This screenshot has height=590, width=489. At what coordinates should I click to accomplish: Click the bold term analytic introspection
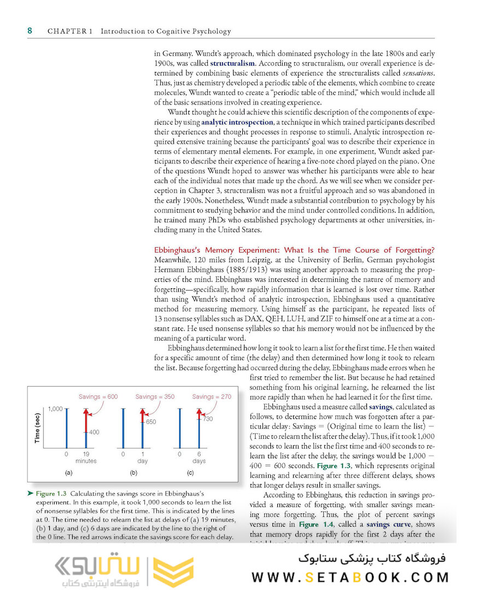(x=237, y=122)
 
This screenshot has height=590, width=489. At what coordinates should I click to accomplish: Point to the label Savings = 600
(x=98, y=397)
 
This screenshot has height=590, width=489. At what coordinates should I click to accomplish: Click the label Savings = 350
(x=155, y=397)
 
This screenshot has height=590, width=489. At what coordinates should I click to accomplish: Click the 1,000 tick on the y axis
(x=55, y=409)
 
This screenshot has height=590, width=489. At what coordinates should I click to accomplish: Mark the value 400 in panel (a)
(x=94, y=432)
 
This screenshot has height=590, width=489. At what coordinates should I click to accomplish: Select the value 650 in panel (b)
(x=150, y=422)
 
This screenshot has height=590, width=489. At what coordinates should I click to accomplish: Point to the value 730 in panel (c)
(x=207, y=418)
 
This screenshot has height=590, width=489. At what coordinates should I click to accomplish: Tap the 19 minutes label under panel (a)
(x=86, y=457)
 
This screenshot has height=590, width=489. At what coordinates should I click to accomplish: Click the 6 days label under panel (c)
(x=199, y=457)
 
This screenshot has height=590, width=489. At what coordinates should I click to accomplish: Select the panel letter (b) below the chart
(x=133, y=471)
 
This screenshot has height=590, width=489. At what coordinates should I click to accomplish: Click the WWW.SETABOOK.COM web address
(x=350, y=577)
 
